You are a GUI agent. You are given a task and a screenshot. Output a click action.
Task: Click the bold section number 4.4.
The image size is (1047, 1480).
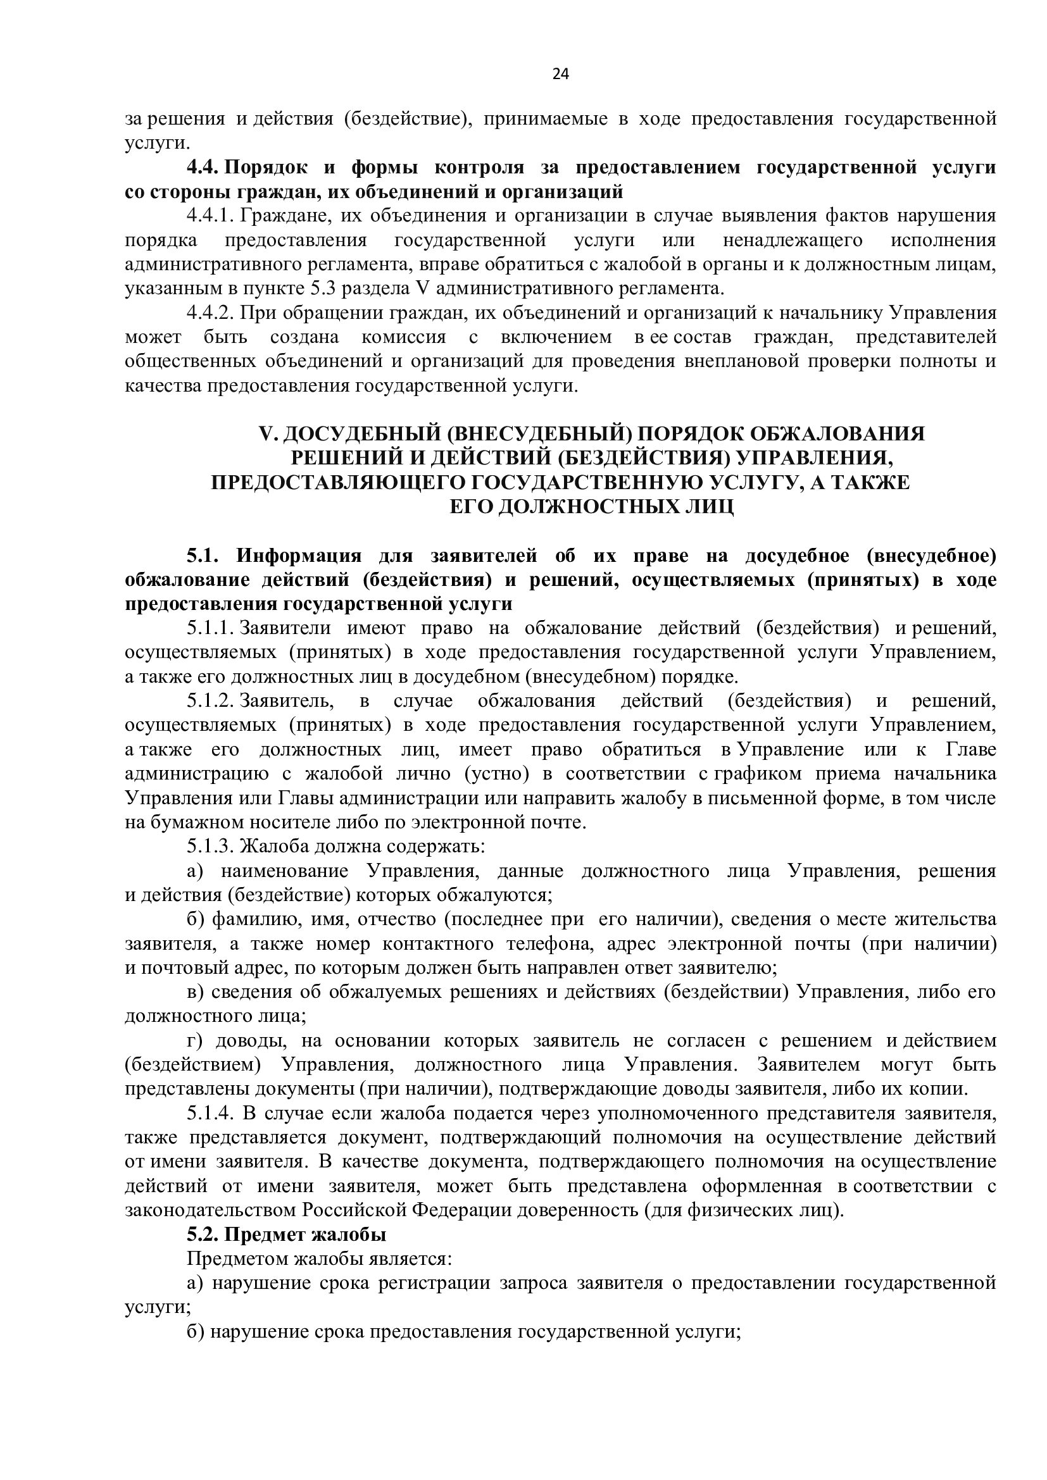(x=203, y=168)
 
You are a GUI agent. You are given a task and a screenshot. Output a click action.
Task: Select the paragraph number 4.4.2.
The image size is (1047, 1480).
(x=212, y=313)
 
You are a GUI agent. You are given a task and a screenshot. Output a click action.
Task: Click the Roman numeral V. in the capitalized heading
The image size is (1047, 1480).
(x=267, y=433)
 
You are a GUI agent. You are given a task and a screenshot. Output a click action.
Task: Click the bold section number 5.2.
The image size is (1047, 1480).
(x=203, y=1236)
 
